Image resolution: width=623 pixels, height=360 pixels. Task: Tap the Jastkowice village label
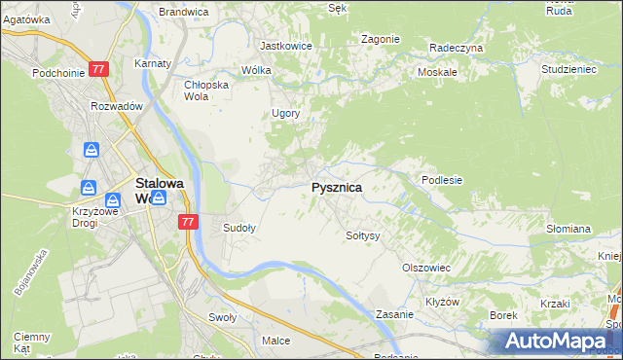point(284,45)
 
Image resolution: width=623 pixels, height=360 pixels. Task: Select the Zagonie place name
point(380,39)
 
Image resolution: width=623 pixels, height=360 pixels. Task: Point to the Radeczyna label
point(456,47)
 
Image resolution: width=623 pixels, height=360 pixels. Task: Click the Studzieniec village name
point(569,70)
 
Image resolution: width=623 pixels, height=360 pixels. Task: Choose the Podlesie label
point(441,180)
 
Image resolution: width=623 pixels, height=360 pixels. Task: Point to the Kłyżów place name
point(442,302)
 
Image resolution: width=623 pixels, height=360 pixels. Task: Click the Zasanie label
point(395,315)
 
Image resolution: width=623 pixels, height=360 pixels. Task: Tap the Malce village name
point(276,341)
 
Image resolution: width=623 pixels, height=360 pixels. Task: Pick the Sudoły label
point(239,229)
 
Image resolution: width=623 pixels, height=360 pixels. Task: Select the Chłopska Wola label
point(205,90)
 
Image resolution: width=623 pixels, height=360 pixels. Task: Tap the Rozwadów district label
point(117,106)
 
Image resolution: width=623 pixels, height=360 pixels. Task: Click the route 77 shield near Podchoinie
point(97,70)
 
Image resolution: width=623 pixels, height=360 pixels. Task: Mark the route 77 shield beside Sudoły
point(189,222)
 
